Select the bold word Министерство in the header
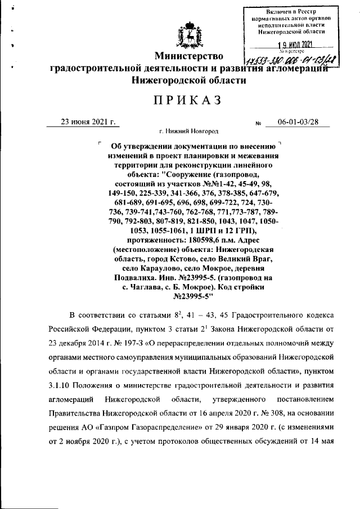click(189, 56)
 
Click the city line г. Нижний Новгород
click(188, 132)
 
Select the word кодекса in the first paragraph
click(316, 317)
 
